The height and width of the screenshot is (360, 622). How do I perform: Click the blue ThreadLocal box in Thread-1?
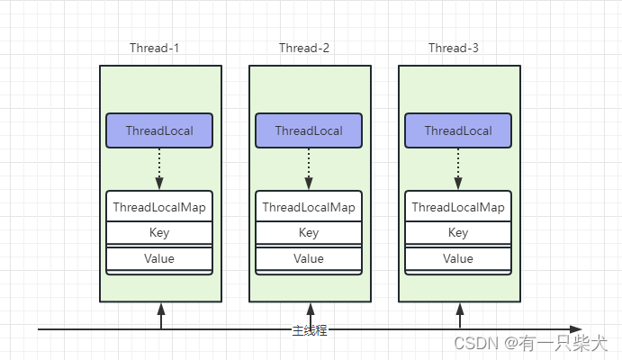tap(159, 130)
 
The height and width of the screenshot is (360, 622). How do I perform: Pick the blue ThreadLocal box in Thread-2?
tap(309, 130)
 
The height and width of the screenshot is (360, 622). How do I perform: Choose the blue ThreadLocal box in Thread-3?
tap(458, 130)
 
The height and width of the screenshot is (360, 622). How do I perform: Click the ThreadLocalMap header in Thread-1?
tap(159, 207)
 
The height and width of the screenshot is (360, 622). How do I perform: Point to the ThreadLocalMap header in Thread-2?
tap(309, 207)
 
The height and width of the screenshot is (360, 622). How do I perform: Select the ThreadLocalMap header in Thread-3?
tap(458, 207)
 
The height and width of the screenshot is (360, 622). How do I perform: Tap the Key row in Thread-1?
tap(159, 233)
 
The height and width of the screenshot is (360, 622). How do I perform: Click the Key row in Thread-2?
tap(309, 233)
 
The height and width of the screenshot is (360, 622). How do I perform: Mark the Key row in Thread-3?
tap(458, 233)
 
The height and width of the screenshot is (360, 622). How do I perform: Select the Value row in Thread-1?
tap(159, 259)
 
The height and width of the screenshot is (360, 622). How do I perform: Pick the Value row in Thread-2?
tap(309, 259)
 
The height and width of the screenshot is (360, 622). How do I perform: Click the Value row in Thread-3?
tap(458, 259)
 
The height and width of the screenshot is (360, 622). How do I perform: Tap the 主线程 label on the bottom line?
tap(309, 330)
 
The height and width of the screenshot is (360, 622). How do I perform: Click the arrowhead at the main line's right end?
tap(575, 329)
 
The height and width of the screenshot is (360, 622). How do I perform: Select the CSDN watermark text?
tap(532, 344)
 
